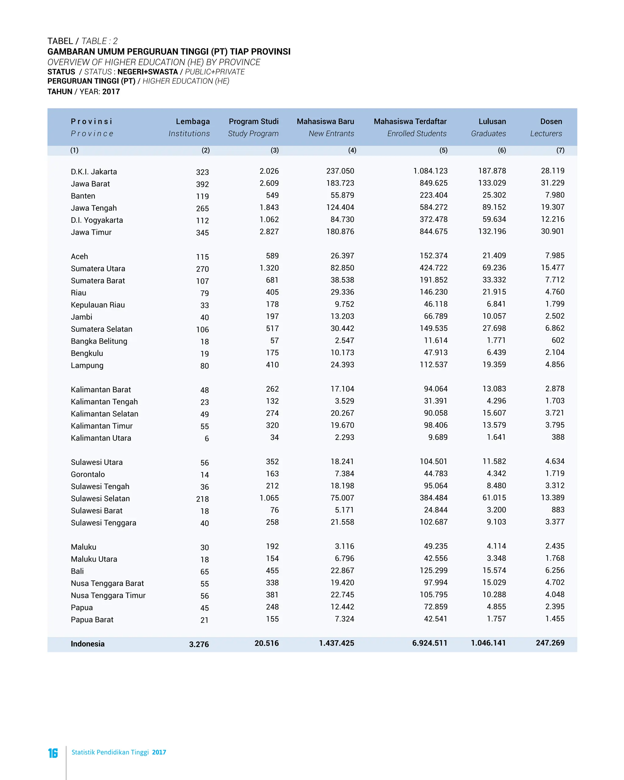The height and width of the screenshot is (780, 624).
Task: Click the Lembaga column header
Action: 193,122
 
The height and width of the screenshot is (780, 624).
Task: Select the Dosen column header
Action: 551,122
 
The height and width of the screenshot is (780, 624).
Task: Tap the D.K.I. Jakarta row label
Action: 94,172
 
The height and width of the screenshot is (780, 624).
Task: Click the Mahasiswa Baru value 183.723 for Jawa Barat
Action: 340,183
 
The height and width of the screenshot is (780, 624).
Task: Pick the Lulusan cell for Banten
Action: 494,195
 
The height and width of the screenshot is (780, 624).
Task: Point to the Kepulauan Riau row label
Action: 98,305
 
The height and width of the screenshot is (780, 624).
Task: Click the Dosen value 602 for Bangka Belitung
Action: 558,340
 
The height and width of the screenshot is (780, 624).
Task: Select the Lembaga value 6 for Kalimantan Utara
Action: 207,438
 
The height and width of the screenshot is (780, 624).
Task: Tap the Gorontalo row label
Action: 87,474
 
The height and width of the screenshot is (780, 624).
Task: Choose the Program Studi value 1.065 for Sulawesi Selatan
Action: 269,498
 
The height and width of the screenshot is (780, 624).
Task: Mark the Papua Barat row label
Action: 92,620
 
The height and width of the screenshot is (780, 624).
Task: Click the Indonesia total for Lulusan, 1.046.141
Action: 488,643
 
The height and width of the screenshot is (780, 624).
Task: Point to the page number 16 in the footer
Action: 53,753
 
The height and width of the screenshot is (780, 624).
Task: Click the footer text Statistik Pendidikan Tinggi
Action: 110,752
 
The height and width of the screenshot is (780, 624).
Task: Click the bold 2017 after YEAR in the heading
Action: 111,91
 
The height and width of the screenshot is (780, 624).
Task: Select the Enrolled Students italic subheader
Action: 417,133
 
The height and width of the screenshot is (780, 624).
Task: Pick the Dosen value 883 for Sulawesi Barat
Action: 558,510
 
